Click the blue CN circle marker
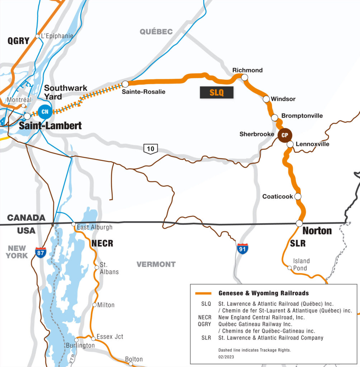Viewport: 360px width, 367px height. click(45, 112)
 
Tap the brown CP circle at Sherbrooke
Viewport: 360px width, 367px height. click(285, 135)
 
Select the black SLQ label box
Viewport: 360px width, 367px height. click(217, 92)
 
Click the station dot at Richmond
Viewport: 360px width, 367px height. click(245, 77)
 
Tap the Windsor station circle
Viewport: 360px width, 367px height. click(266, 99)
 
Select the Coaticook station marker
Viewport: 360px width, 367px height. click(298, 196)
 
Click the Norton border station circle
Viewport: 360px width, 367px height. click(299, 223)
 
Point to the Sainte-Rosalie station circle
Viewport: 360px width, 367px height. click(125, 84)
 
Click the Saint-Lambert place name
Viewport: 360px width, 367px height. click(50, 126)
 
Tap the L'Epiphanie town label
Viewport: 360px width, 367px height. click(57, 36)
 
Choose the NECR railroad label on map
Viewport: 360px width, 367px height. click(102, 244)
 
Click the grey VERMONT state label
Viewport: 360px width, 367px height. click(156, 264)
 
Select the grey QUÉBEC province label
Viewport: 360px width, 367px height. click(156, 32)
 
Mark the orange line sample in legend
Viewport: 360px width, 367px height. click(205, 293)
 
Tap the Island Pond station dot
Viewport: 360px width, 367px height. click(290, 268)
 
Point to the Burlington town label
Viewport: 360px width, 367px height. click(80, 345)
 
